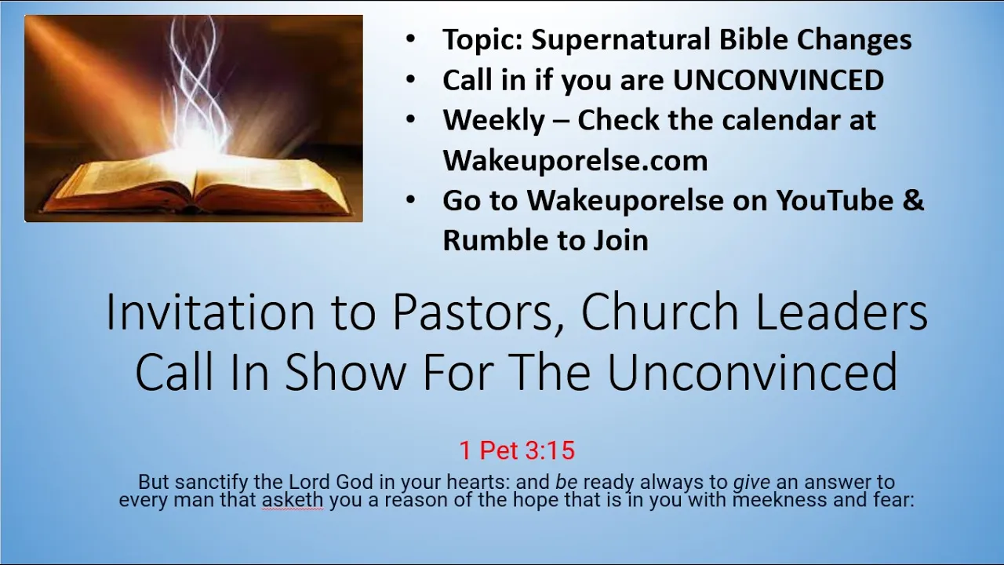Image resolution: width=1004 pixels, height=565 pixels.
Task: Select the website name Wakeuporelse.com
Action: [x=575, y=161]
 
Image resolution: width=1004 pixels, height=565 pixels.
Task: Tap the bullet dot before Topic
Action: [x=410, y=39]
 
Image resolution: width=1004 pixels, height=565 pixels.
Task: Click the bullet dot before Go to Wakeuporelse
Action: [x=410, y=200]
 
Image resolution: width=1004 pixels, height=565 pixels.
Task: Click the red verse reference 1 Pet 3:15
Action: [x=517, y=450]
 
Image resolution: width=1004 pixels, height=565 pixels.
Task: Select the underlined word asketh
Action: [x=293, y=500]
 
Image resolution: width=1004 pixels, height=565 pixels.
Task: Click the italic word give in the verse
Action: [x=751, y=483]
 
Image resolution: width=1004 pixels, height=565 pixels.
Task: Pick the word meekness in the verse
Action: [x=780, y=500]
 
